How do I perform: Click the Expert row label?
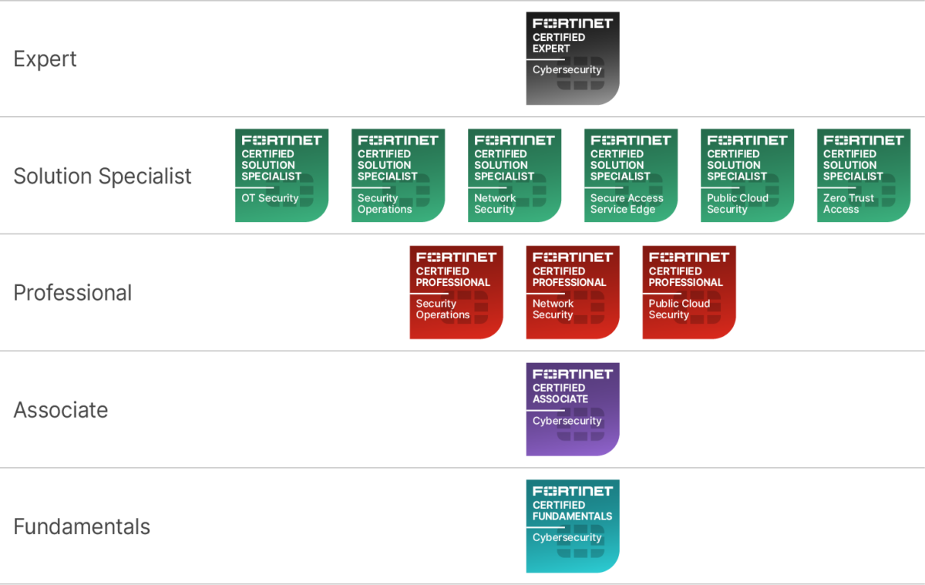pyautogui.click(x=45, y=59)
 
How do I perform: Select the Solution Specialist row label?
pyautogui.click(x=103, y=177)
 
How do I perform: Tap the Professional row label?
pyautogui.click(x=73, y=293)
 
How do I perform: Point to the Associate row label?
pyautogui.click(x=61, y=410)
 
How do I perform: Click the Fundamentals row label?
pyautogui.click(x=82, y=527)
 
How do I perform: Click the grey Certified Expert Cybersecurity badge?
pyautogui.click(x=572, y=59)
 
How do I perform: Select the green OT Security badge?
pyautogui.click(x=281, y=176)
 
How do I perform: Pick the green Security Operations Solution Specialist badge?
pyautogui.click(x=398, y=176)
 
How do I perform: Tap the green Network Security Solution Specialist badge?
pyautogui.click(x=514, y=176)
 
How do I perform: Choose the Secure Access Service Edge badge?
pyautogui.click(x=631, y=176)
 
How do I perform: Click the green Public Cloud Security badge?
pyautogui.click(x=747, y=176)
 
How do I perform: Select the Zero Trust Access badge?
pyautogui.click(x=863, y=176)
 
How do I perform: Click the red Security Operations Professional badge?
pyautogui.click(x=456, y=293)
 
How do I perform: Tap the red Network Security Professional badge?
pyautogui.click(x=572, y=293)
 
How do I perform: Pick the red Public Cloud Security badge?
pyautogui.click(x=689, y=293)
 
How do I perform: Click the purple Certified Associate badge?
pyautogui.click(x=572, y=409)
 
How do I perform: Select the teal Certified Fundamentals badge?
pyautogui.click(x=572, y=526)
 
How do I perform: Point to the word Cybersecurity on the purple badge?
pyautogui.click(x=567, y=421)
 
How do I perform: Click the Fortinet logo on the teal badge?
pyautogui.click(x=572, y=491)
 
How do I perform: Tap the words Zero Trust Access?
pyautogui.click(x=849, y=203)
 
